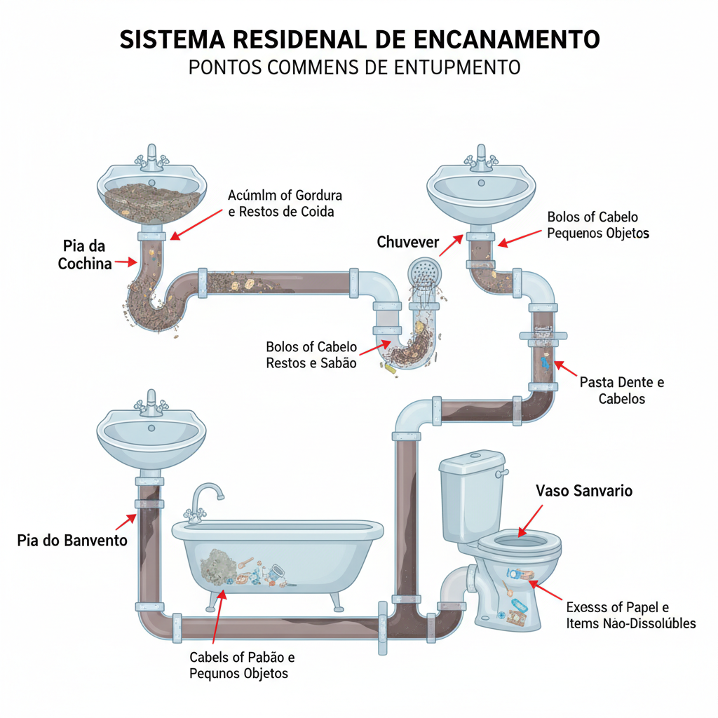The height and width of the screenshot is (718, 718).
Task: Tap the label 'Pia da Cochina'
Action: [85, 255]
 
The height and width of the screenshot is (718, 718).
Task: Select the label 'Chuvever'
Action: [407, 243]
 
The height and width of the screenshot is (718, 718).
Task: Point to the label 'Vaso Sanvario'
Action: [583, 491]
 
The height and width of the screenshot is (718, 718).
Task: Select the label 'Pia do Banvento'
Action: [72, 541]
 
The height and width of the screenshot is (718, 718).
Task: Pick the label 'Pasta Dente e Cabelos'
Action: [621, 391]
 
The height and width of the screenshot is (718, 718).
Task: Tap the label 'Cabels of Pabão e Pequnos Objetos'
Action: [242, 665]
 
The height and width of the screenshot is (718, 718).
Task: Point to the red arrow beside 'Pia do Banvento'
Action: [128, 522]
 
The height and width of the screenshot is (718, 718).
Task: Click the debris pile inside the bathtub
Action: [223, 566]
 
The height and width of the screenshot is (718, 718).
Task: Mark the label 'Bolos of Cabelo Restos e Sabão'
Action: [311, 355]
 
